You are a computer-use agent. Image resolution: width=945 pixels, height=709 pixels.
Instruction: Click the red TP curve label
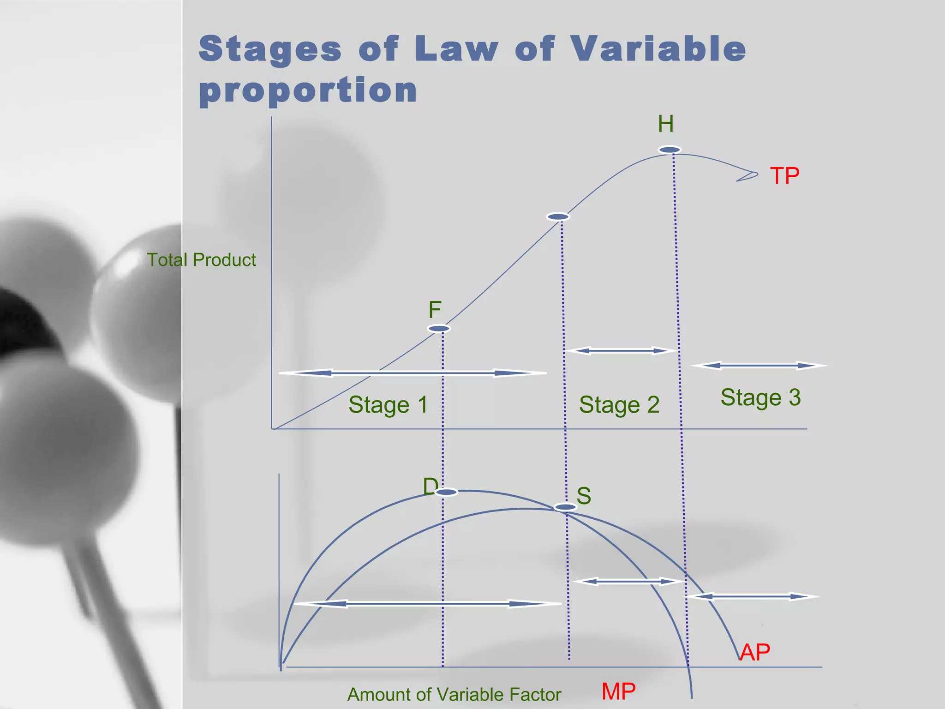[x=784, y=176]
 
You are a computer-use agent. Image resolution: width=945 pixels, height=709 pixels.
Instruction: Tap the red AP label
[x=755, y=652]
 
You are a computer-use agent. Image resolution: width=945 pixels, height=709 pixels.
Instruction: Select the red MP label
[x=618, y=691]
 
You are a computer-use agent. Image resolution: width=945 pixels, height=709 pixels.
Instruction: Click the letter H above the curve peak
[x=666, y=124]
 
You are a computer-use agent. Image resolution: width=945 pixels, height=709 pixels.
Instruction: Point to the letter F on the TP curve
[x=435, y=310]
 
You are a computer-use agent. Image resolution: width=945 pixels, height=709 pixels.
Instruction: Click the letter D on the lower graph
[x=431, y=486]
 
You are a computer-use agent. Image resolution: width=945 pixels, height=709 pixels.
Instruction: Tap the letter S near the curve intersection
[x=584, y=496]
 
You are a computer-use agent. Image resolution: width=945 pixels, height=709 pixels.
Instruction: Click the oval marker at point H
[x=670, y=150]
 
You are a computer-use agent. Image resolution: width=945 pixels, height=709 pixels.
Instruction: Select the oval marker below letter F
[x=439, y=329]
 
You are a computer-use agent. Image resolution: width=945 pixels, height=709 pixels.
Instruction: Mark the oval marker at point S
[x=565, y=507]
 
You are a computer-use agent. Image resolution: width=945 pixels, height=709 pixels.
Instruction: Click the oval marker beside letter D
[x=446, y=493]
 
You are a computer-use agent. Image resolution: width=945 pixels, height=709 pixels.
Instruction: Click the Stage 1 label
[x=388, y=405]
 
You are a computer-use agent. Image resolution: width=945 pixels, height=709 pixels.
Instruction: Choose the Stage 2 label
[x=619, y=405]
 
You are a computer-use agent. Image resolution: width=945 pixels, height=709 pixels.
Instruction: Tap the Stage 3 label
[x=760, y=397]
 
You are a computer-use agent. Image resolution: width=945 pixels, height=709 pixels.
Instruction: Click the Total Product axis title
[x=201, y=260]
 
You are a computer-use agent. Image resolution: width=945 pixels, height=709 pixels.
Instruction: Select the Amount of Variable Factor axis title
[x=454, y=695]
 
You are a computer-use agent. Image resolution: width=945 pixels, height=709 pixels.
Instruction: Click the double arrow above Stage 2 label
[x=622, y=351]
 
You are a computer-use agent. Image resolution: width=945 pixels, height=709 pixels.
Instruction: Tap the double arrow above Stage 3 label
[x=759, y=366]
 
